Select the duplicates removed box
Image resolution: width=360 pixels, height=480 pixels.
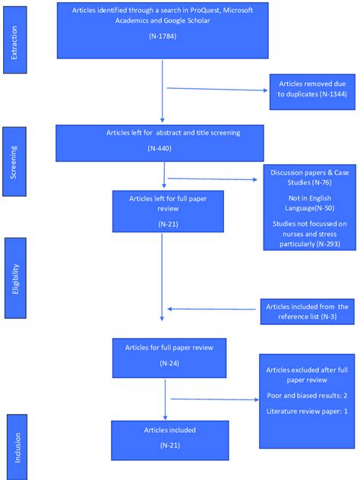tap(311, 90)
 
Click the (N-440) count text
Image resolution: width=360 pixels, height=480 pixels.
tap(163, 148)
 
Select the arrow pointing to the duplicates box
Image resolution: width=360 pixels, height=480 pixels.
tap(217, 89)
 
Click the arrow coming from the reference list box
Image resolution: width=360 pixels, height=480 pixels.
tap(213, 309)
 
